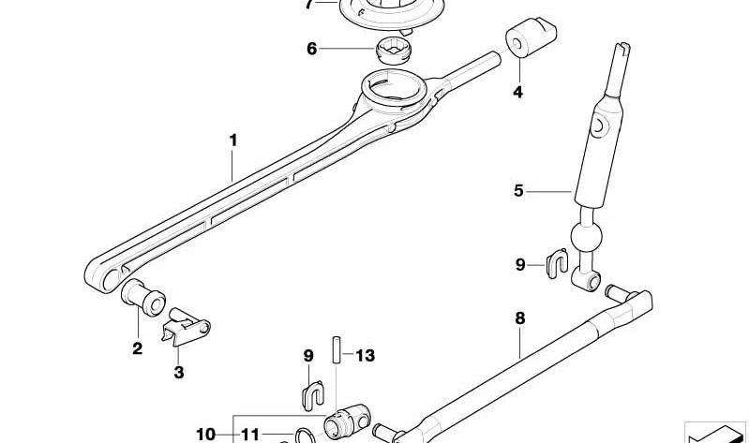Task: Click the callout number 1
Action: point(233,140)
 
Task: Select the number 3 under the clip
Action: point(178,373)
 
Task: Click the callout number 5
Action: point(518,191)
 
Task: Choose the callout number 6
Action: point(312,48)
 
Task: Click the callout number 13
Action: point(365,355)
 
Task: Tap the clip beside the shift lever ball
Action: point(557,265)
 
